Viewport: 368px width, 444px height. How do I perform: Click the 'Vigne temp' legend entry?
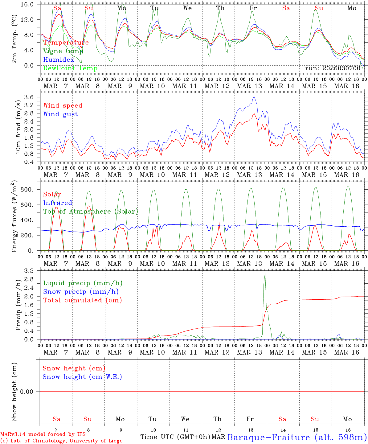[63, 51]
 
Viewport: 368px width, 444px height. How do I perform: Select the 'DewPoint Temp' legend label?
[70, 68]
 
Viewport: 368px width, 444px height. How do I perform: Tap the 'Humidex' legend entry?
[59, 60]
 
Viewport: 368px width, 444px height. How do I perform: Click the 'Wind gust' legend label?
[60, 114]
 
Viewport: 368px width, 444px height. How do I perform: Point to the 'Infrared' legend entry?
[58, 203]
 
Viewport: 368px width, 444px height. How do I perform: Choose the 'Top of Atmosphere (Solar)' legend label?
[91, 212]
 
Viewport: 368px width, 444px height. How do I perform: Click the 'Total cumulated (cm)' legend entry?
[82, 300]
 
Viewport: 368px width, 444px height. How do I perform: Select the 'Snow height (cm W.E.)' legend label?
[82, 377]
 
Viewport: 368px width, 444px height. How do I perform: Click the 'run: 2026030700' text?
[333, 68]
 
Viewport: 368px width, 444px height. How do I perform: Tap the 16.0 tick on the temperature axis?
[30, 4]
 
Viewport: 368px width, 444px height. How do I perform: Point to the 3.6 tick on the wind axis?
[30, 97]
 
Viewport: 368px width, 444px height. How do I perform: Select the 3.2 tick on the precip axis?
[30, 271]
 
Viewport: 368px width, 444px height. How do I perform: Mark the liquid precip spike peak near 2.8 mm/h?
[265, 273]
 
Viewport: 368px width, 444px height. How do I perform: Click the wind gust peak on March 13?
[254, 97]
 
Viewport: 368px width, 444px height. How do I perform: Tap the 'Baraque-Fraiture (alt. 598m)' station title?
[297, 437]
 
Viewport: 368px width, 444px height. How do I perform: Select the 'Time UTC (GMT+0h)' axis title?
[175, 437]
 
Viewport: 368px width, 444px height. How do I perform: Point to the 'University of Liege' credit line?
[61, 441]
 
